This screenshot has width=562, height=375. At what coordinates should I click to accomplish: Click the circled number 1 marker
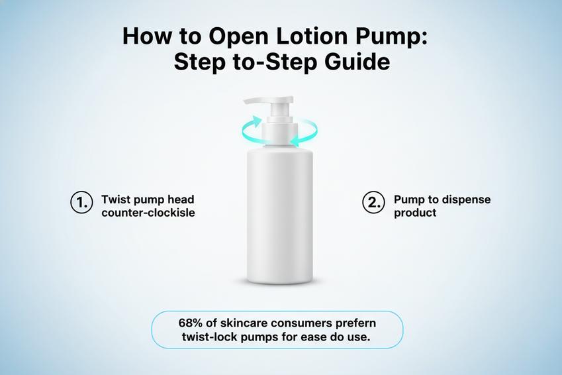(x=80, y=203)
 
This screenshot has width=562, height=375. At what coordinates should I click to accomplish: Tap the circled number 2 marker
(x=373, y=203)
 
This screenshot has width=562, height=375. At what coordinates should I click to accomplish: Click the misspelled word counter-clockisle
(x=148, y=213)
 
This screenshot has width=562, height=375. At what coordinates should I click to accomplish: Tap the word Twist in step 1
(x=115, y=199)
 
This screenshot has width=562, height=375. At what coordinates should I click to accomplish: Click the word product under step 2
(x=415, y=213)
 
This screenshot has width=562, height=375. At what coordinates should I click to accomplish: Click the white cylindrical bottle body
(x=279, y=212)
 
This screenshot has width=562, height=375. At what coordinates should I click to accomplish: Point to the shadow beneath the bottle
(x=279, y=283)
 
